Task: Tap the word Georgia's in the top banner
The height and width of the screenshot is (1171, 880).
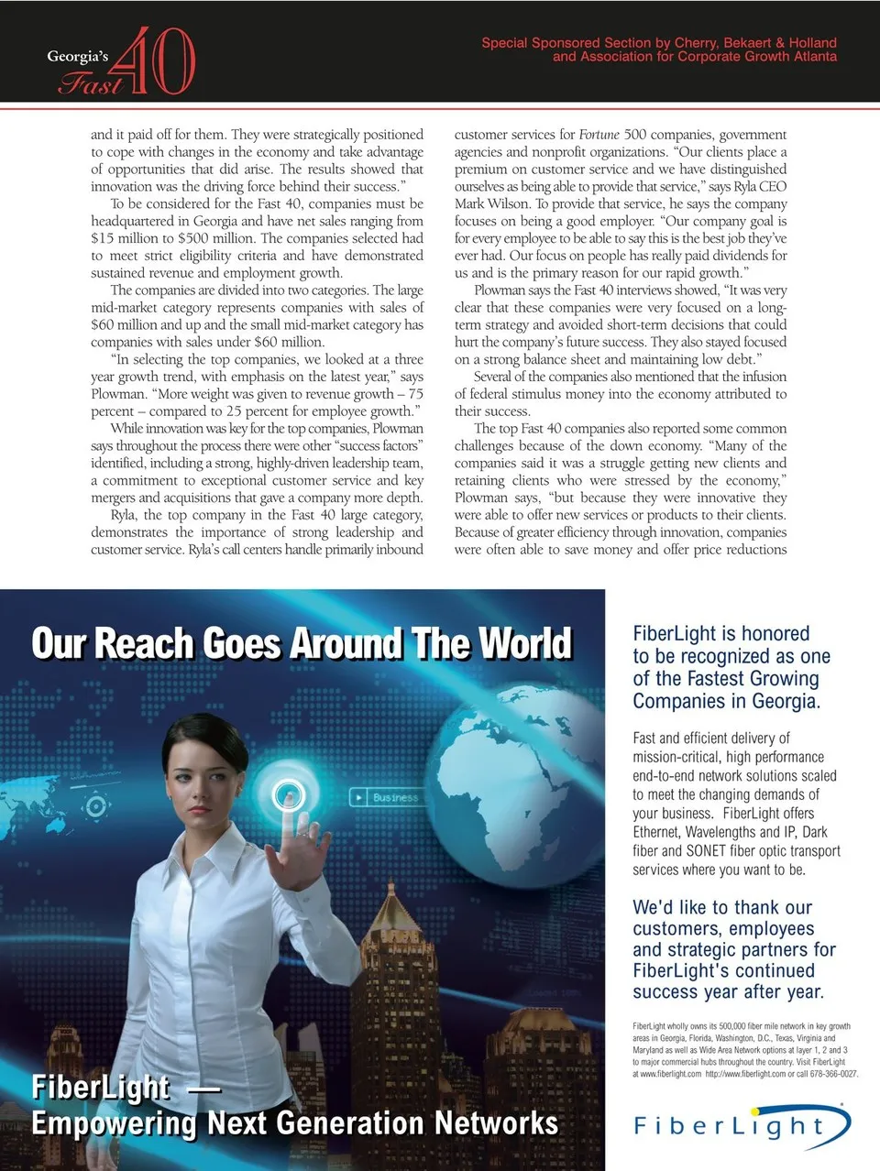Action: [77, 56]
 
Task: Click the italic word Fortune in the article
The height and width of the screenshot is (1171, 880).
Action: [599, 135]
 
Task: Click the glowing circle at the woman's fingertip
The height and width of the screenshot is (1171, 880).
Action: [290, 793]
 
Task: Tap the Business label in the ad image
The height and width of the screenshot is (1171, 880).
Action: [394, 798]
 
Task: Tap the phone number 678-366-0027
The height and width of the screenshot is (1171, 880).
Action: [831, 1074]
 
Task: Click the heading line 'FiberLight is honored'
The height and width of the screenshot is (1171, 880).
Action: [720, 633]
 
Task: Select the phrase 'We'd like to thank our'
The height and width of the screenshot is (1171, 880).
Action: [721, 907]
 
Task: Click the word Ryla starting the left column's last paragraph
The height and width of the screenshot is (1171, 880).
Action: [124, 515]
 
